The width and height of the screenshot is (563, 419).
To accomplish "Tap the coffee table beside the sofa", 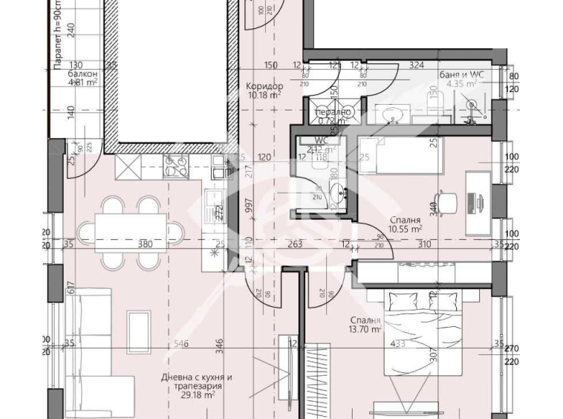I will (x=140, y=328).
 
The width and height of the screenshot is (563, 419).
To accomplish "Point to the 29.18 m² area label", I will (x=196, y=397).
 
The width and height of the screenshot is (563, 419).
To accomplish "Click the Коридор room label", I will (x=264, y=85).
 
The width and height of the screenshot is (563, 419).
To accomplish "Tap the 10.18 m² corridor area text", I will (x=264, y=95).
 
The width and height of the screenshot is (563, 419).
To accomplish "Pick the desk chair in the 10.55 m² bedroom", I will (x=445, y=201).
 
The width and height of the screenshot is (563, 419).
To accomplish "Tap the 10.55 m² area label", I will (x=405, y=230).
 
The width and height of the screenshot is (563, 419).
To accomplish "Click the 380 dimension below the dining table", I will (x=146, y=244).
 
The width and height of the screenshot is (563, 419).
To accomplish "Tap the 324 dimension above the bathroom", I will (x=417, y=65).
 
